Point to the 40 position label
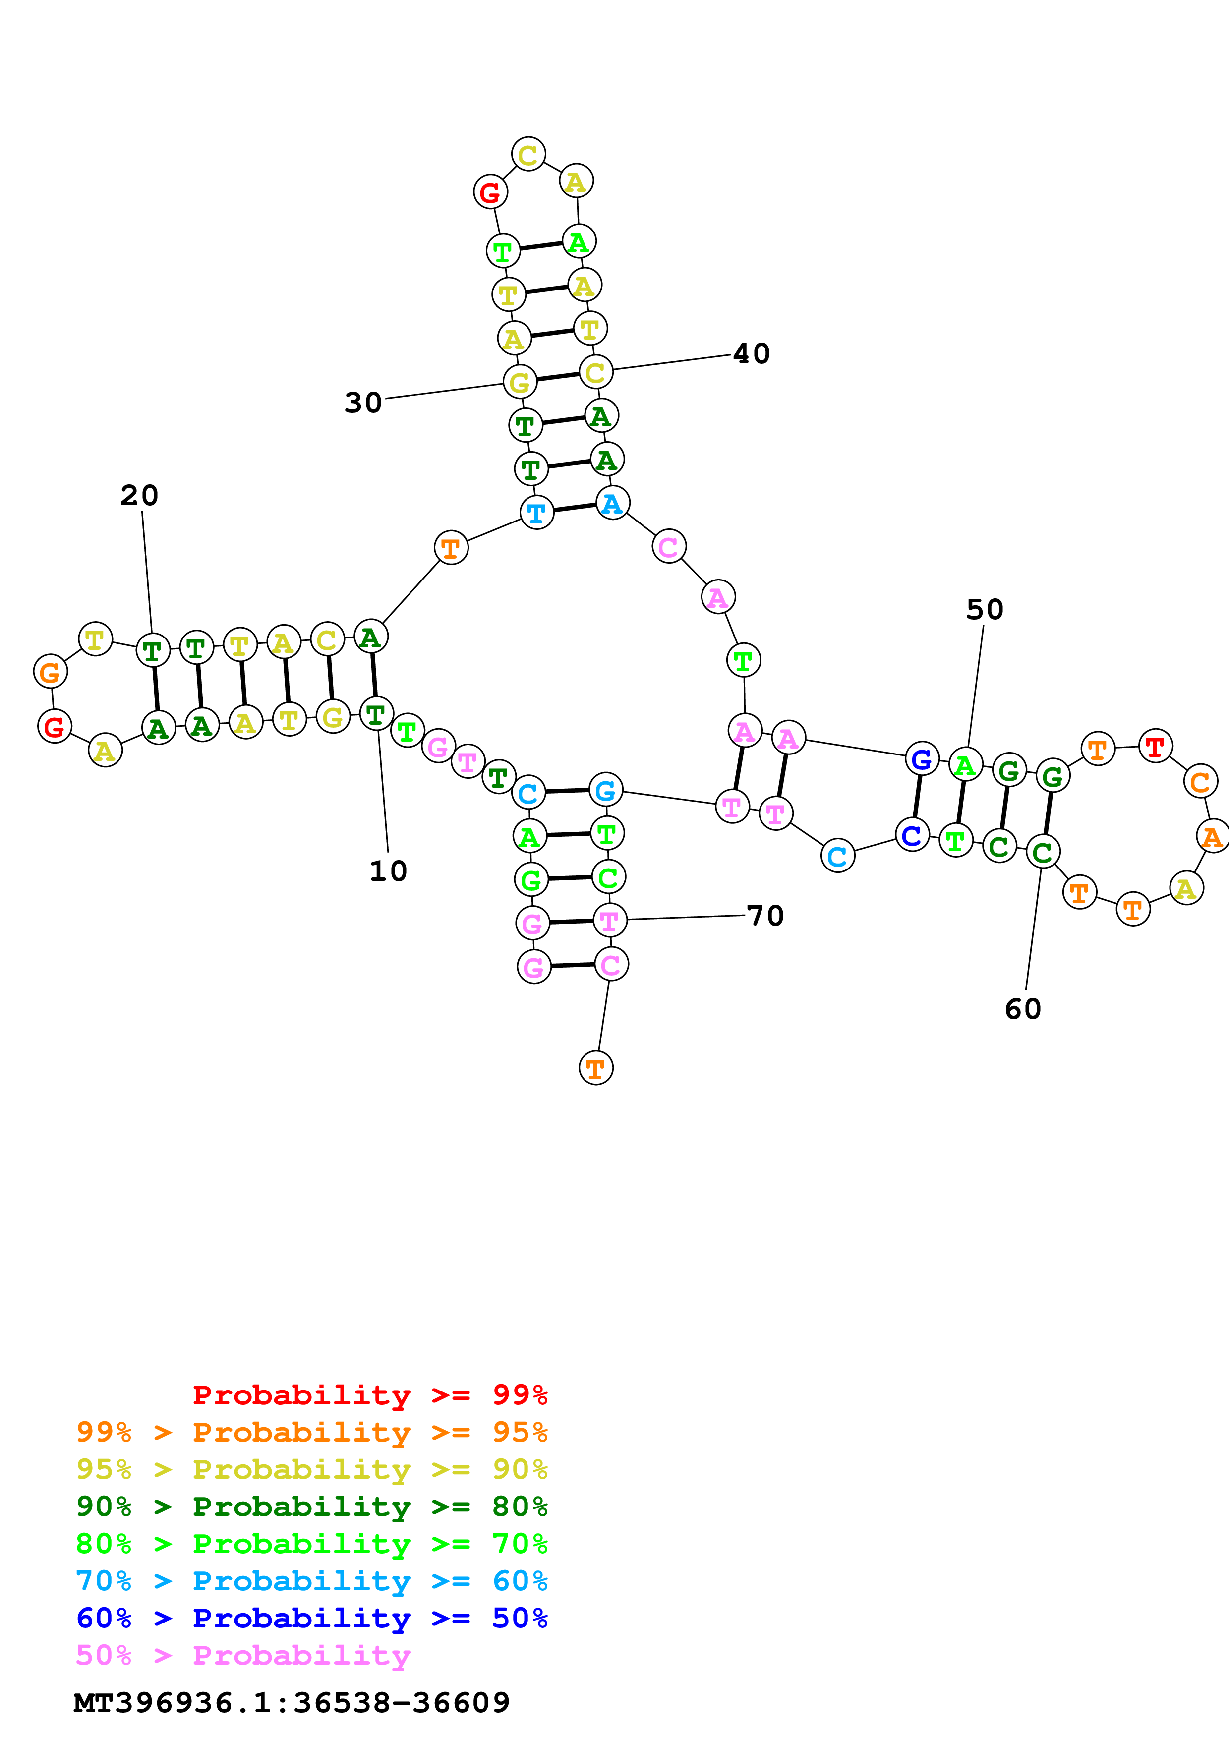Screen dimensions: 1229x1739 751,354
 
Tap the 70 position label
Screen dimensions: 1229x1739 765,915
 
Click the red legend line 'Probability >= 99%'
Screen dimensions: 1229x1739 369,1394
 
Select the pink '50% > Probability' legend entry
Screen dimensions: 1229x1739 242,1655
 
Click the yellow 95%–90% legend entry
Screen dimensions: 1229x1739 311,1469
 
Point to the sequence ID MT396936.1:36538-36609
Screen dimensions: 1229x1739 292,1703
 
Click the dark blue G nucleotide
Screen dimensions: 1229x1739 922,759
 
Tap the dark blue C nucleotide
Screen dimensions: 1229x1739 912,835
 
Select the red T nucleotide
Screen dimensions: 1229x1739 1155,747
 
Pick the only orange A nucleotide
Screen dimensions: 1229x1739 1212,836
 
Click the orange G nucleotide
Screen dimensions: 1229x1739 50,672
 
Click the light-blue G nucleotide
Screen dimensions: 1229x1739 605,790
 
